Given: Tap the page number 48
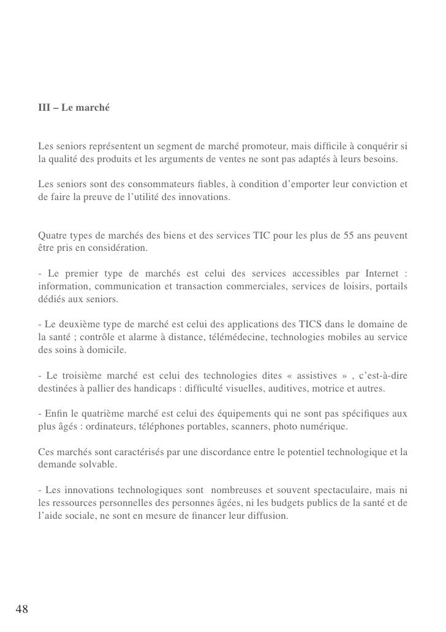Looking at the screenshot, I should [x=21, y=608].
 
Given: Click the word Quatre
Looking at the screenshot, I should [x=51, y=236].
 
